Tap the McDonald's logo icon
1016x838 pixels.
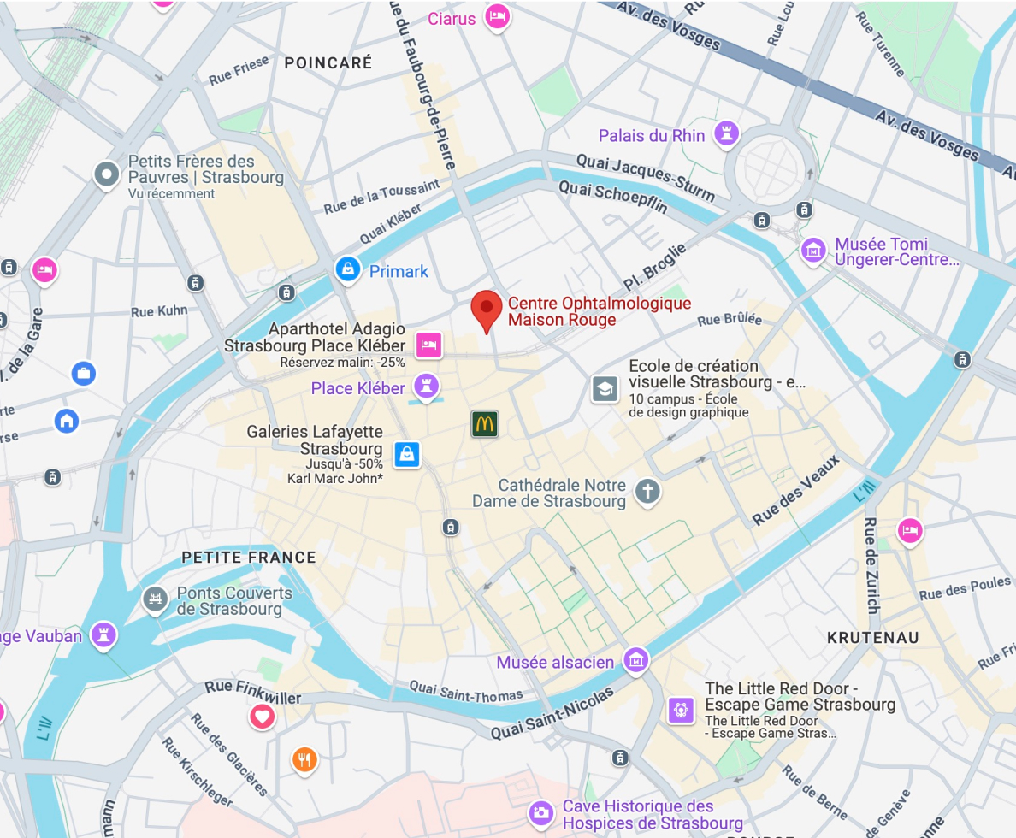tap(484, 423)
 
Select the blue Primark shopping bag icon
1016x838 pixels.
tap(347, 269)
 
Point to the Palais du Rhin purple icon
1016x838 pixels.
tap(728, 133)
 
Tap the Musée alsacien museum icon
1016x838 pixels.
tap(635, 659)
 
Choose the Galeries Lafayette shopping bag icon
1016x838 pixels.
tap(406, 454)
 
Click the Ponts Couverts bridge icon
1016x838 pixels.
tap(155, 599)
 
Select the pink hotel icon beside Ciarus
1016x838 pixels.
tap(497, 15)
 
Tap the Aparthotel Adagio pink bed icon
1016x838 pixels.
tap(428, 345)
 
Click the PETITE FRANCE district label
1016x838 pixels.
tap(249, 558)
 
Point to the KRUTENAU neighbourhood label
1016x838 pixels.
tap(873, 638)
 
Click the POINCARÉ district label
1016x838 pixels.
tap(328, 62)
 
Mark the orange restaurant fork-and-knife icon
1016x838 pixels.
tap(304, 758)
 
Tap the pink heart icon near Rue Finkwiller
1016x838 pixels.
tap(262, 716)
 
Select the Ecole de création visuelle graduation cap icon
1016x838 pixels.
tap(605, 389)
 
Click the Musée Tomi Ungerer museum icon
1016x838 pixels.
tap(813, 251)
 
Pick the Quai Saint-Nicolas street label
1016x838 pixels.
tap(552, 715)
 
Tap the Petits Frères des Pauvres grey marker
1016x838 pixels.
tap(107, 174)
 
